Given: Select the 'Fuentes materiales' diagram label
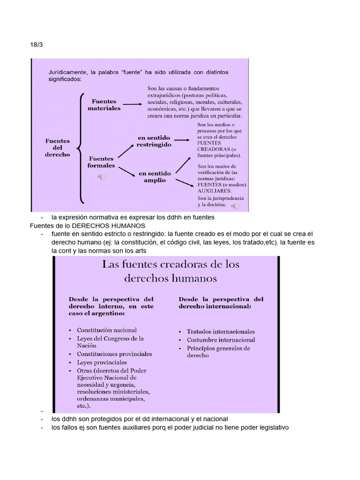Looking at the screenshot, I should coord(104,105).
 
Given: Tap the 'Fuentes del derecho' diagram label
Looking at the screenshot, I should coord(58,147).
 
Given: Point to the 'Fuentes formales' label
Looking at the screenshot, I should coord(101,162).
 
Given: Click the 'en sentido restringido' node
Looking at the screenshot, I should coord(154,141).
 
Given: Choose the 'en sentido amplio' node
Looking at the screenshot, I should coord(151,177).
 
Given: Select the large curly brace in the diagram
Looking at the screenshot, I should coord(81,147).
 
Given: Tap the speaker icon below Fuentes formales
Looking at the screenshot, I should coord(101,177).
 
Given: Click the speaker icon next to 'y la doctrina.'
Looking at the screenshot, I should coord(235,205).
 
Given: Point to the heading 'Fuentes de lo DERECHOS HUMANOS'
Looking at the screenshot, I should coord(87,226).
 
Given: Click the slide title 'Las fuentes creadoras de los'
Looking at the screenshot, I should coord(171,264).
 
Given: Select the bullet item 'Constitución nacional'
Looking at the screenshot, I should coord(107,330).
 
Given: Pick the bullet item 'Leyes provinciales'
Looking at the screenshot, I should coord(102,362).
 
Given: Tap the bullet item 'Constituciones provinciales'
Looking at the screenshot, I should coord(114,354).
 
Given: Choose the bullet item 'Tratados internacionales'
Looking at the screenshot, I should coord(221,331).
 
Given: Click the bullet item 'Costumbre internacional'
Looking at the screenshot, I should coord(221,340).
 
